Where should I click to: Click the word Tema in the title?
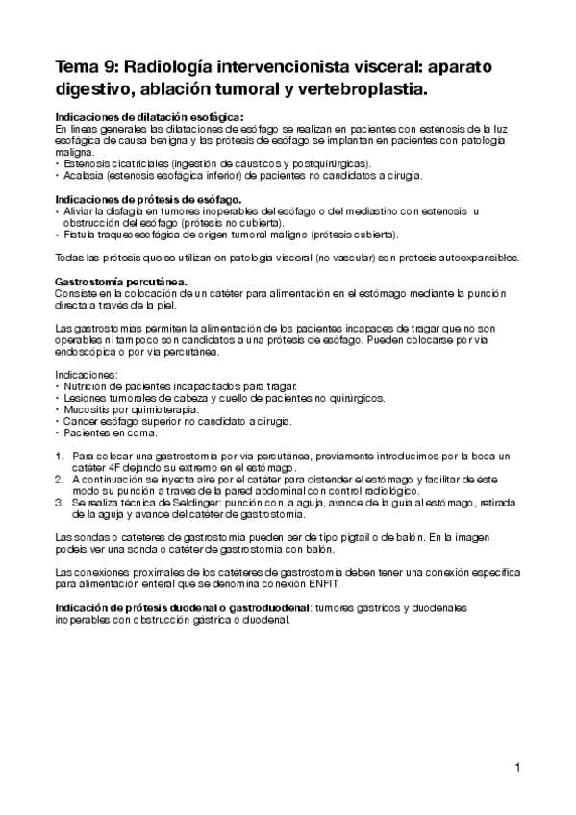[x=75, y=70]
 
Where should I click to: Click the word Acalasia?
[x=81, y=175]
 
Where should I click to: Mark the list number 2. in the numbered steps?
[x=59, y=478]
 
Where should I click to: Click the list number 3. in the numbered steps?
[x=59, y=502]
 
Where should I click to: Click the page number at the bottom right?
[x=517, y=768]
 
